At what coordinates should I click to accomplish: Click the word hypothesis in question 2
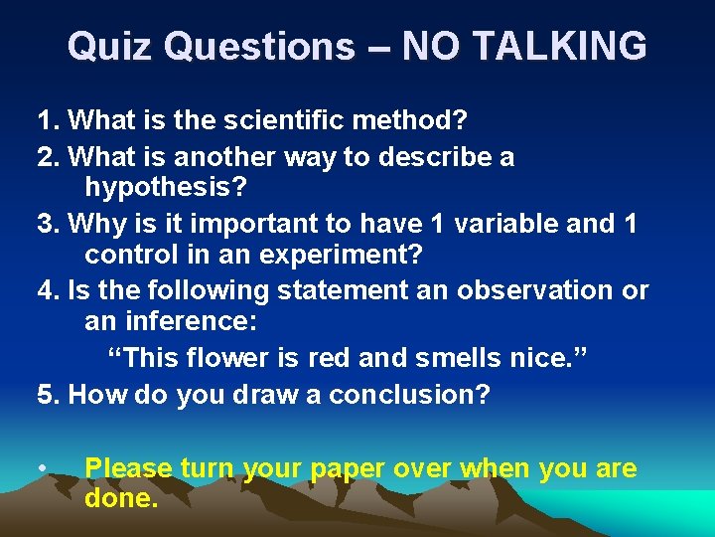[163, 187]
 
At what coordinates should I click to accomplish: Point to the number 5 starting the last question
[45, 394]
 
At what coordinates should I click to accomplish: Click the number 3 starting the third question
[45, 223]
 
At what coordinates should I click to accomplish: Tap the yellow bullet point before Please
[44, 468]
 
